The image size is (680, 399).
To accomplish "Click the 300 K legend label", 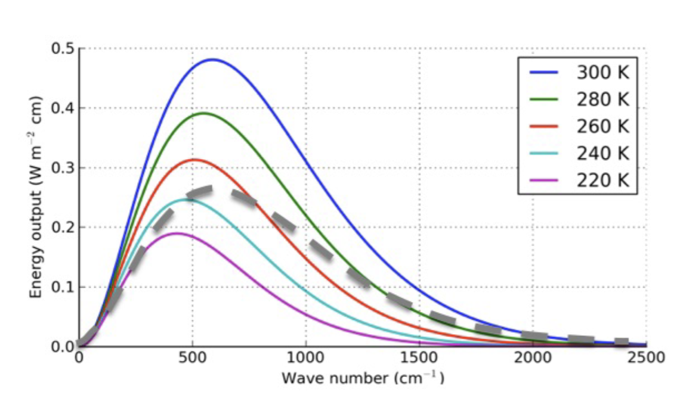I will point(602,73).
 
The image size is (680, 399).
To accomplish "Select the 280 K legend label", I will point(602,99).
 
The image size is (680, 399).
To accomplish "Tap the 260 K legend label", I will point(602,126).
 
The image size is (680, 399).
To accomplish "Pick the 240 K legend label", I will point(602,153).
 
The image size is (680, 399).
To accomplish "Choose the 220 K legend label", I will point(602,180).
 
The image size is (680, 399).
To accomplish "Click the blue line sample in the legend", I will point(543,73).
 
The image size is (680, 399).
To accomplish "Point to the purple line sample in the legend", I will point(543,180).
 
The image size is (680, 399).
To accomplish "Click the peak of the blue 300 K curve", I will point(212,60).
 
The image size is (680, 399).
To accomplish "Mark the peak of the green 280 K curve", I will point(203,113).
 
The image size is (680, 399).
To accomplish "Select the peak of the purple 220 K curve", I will point(177,233).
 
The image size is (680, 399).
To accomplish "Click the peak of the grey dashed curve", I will point(206,189).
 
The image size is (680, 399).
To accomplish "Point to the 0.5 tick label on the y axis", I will point(62,48).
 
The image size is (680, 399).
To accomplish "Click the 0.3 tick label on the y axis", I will point(62,168).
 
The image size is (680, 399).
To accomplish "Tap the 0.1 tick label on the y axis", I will point(62,287).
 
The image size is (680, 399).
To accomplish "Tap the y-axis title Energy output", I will point(36,197).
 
